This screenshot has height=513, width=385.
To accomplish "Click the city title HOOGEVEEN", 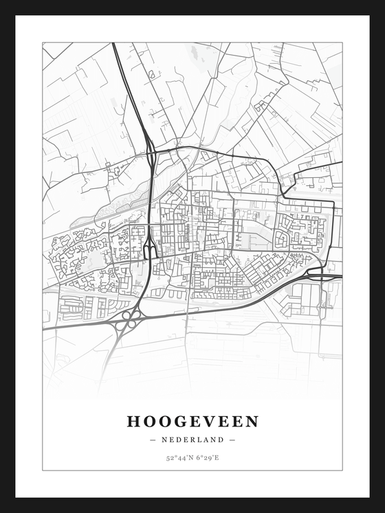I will pyautogui.click(x=192, y=421).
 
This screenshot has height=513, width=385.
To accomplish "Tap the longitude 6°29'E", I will pyautogui.click(x=207, y=457).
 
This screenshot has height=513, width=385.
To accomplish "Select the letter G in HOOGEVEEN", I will pyautogui.click(x=177, y=421).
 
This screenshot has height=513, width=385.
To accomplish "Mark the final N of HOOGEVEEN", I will pyautogui.click(x=252, y=421).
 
